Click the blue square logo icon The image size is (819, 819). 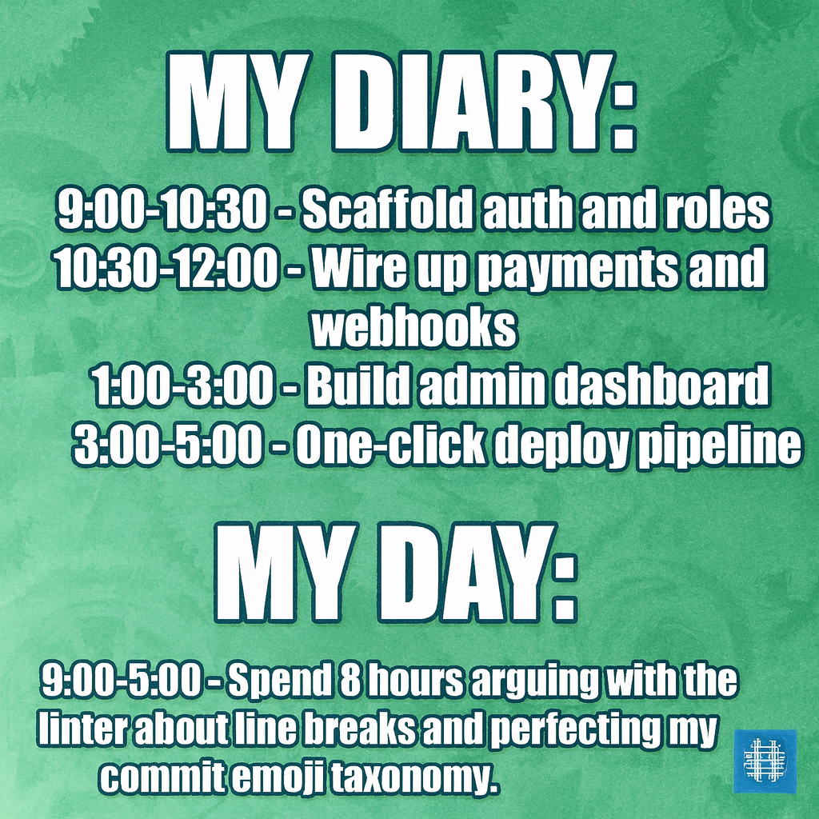pos(765,761)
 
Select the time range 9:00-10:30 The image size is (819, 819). pos(160,210)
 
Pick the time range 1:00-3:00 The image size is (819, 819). pos(182,388)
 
